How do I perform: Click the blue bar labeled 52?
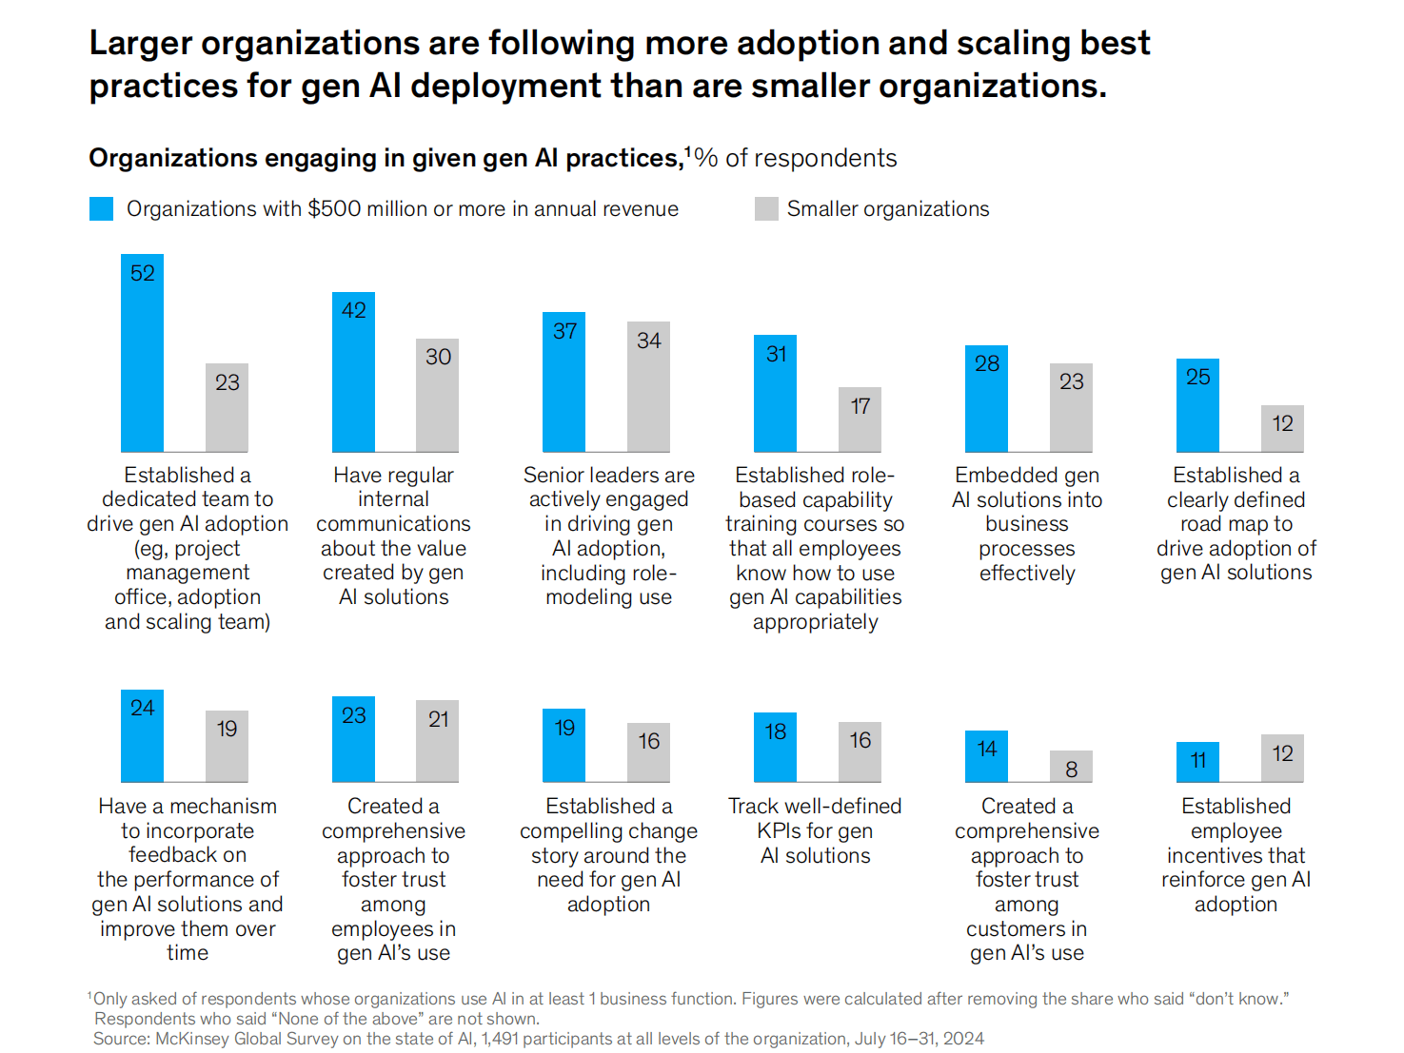pyautogui.click(x=142, y=353)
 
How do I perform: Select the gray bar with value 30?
pyautogui.click(x=437, y=395)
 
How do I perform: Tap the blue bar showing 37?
pyautogui.click(x=564, y=381)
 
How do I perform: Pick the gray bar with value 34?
pyautogui.click(x=648, y=386)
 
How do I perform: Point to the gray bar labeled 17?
pyautogui.click(x=860, y=419)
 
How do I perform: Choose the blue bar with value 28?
pyautogui.click(x=986, y=399)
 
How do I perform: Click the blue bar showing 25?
pyautogui.click(x=1197, y=405)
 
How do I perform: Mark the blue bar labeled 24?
pyautogui.click(x=142, y=736)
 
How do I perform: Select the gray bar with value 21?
pyautogui.click(x=437, y=741)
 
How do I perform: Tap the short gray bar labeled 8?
pyautogui.click(x=1071, y=767)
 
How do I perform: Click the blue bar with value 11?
pyautogui.click(x=1197, y=762)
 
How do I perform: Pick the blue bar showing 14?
pyautogui.click(x=986, y=756)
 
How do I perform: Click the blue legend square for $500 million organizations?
pyautogui.click(x=101, y=209)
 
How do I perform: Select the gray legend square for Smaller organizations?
pyautogui.click(x=766, y=209)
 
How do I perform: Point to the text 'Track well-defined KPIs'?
pyautogui.click(x=815, y=818)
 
